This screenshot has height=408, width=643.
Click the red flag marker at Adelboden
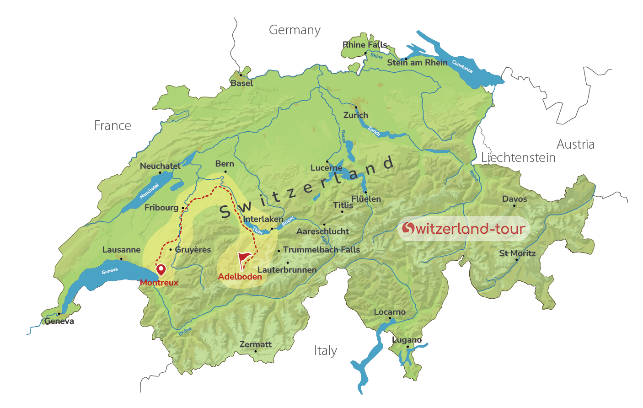pos(243,260)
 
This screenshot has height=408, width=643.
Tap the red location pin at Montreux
pos(161,269)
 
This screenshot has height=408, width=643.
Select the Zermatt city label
pos(255,344)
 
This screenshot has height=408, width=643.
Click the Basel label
pos(241,83)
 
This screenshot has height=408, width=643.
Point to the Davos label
pos(514,199)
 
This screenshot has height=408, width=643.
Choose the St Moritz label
pos(517,253)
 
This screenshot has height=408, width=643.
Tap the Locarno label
pos(390,312)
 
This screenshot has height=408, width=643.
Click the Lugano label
pos(407,340)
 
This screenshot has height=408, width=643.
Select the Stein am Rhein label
pos(417,63)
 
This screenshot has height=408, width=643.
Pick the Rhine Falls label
pos(365,44)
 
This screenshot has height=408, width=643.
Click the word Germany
pos(295,30)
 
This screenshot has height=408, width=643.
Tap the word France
pos(113,125)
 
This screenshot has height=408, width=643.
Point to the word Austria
pos(575,145)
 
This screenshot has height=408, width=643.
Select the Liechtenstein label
pos(518,158)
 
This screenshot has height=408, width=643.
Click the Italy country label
pos(325,351)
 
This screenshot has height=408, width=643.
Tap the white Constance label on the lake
pos(462,67)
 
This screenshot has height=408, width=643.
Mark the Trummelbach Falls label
pos(321,250)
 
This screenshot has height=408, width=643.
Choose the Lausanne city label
pos(121,250)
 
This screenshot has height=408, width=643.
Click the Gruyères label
pos(193,250)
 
